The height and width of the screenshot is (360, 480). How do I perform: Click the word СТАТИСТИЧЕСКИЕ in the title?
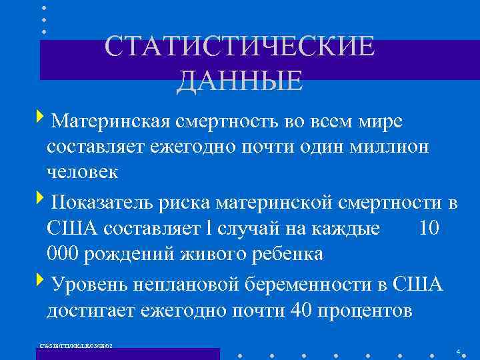(240, 48)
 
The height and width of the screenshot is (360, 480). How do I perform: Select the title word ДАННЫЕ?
(240, 81)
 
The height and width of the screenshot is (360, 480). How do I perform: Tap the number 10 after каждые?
(430, 228)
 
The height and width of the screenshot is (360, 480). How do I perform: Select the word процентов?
(365, 310)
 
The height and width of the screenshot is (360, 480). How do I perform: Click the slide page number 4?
(458, 351)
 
